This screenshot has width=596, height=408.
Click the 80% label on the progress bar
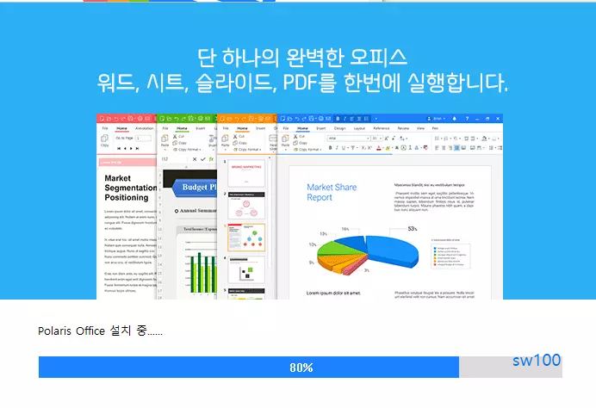click(x=301, y=368)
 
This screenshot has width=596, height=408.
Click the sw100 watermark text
click(x=536, y=360)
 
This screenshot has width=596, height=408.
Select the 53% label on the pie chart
click(x=413, y=229)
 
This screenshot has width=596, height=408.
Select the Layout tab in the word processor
click(x=359, y=127)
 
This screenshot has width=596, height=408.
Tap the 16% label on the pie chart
click(x=345, y=230)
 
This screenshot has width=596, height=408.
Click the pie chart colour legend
click(x=450, y=254)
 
